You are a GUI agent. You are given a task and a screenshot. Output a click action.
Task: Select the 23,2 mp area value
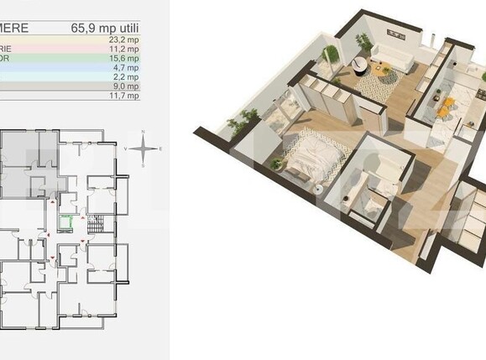click(x=123, y=39)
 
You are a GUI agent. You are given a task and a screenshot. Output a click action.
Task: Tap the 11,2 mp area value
click(x=123, y=50)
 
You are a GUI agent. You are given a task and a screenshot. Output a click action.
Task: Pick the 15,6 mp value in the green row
click(x=123, y=60)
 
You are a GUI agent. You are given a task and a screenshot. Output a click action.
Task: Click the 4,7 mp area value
click(x=126, y=69)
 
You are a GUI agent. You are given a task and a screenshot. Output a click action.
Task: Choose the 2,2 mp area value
click(x=126, y=78)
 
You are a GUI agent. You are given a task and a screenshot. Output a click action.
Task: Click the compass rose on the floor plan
click(x=144, y=149)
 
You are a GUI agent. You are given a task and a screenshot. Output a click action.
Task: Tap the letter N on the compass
click(x=144, y=133)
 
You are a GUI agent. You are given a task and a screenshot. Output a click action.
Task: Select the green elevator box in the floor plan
click(x=67, y=222)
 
